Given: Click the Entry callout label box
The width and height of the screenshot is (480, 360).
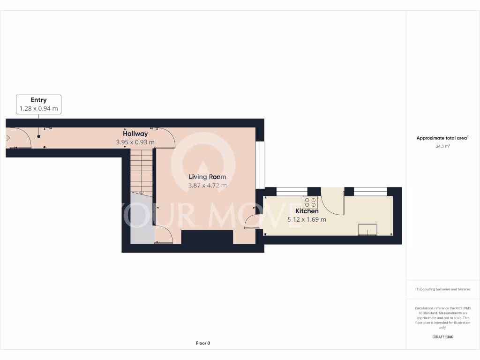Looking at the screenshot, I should [38, 104].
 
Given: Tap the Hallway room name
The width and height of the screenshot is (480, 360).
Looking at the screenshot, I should [135, 134].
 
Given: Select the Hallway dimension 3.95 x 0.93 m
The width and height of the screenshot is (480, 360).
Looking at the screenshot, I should [135, 142].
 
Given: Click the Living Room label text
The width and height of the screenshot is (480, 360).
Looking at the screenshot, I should [207, 177].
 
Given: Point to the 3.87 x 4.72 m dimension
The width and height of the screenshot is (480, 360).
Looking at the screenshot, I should [207, 185].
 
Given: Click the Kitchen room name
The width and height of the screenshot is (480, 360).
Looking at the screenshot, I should [307, 211].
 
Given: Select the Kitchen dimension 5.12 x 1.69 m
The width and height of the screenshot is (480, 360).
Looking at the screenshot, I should [307, 219].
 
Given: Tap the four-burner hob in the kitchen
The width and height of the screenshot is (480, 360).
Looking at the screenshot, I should [310, 202].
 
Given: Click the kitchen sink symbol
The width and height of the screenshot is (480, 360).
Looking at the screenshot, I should [367, 229].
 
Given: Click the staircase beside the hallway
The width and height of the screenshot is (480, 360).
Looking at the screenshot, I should [141, 171].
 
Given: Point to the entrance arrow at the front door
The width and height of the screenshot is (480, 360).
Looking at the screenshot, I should [7, 138].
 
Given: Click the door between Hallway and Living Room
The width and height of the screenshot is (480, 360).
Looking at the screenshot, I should [165, 137].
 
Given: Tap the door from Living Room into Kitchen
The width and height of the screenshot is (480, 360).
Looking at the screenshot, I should [253, 221].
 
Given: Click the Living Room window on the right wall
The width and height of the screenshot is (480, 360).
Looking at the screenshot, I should [260, 164].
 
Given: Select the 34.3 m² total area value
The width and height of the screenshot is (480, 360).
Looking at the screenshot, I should [442, 146].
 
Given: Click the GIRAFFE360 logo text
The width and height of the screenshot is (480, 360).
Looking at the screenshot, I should [442, 337].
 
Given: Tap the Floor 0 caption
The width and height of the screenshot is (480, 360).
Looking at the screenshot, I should [203, 343].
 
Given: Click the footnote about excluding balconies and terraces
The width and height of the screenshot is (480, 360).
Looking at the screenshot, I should [442, 289].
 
